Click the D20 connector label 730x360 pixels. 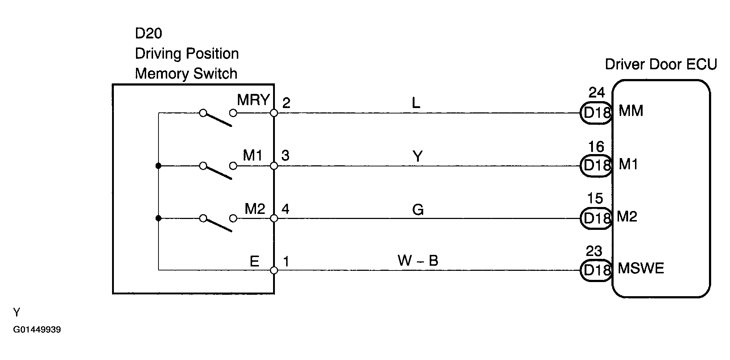[x=148, y=33]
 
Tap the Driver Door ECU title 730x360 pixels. [x=661, y=65]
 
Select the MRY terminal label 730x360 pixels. [x=253, y=100]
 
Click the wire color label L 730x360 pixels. [x=416, y=103]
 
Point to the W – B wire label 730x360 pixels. [x=418, y=261]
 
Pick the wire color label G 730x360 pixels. [x=418, y=210]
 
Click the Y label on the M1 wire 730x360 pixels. [x=418, y=157]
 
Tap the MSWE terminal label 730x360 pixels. [x=641, y=268]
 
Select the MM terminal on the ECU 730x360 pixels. [x=631, y=111]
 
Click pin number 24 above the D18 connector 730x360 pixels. [x=597, y=93]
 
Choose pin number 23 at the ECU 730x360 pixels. [x=594, y=251]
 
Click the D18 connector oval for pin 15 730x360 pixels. [x=596, y=218]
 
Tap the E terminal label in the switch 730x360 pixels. [x=255, y=261]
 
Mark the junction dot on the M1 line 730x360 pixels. [x=158, y=166]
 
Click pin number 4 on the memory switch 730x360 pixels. [x=285, y=209]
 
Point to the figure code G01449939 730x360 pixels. [x=37, y=330]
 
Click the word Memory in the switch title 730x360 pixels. [x=162, y=74]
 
